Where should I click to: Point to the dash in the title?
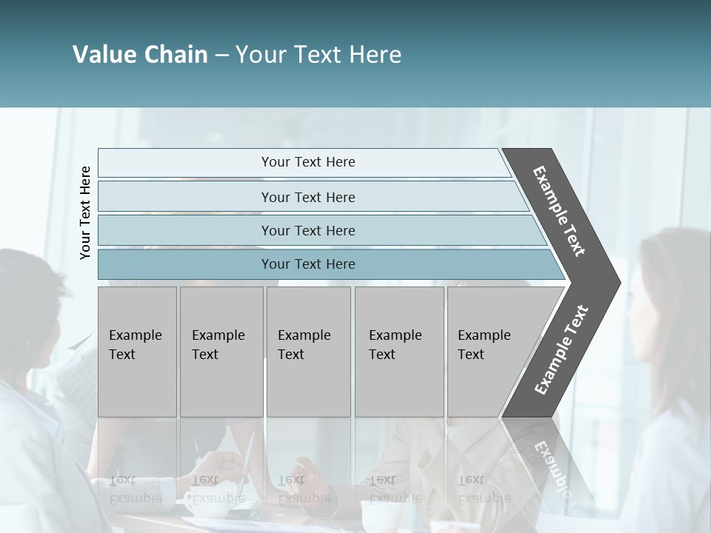click(221, 56)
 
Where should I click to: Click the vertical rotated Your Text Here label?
click(85, 213)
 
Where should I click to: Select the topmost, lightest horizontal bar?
click(304, 163)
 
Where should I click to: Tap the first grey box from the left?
click(137, 352)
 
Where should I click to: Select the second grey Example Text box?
click(221, 352)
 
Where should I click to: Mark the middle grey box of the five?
click(308, 352)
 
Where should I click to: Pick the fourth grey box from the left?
click(399, 352)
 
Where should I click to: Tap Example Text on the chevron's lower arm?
click(561, 350)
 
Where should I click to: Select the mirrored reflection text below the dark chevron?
click(552, 463)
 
